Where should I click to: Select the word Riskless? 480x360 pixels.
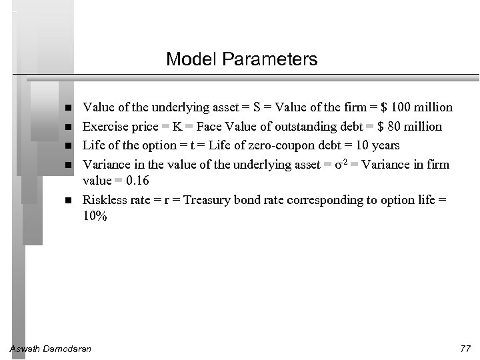coord(103,200)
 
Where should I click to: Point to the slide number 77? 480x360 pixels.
coord(465,349)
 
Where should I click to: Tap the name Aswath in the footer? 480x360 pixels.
coord(25,349)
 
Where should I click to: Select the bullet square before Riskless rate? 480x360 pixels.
coord(69,200)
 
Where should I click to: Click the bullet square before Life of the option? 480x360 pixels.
coord(69,145)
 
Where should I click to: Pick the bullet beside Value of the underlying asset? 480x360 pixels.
coord(69,108)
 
